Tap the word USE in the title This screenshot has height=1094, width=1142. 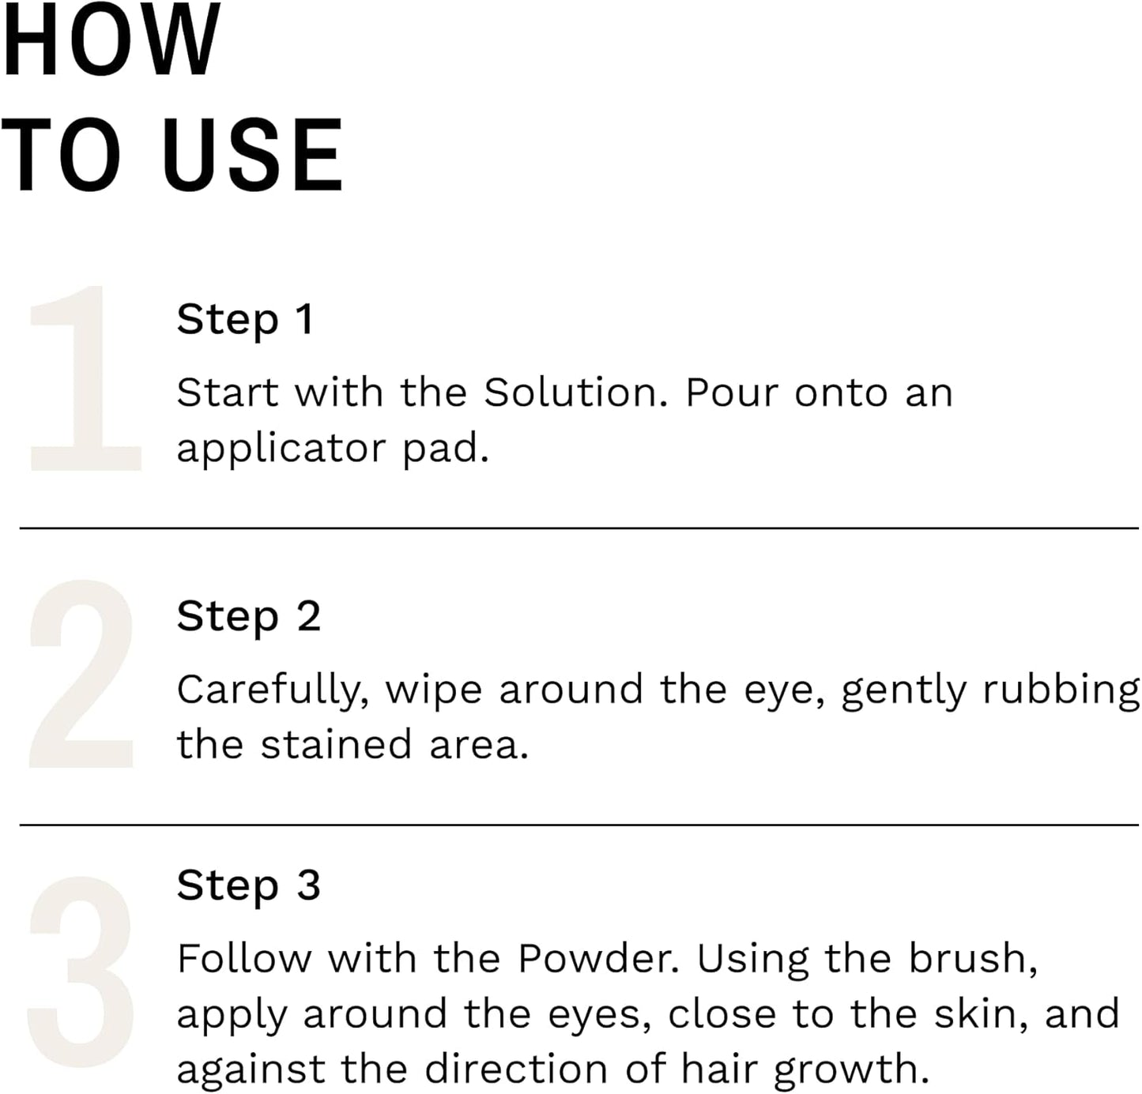click(253, 155)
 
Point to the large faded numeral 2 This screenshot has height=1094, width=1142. click(82, 674)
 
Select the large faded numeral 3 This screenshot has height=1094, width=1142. click(81, 972)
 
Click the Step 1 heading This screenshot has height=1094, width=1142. click(246, 320)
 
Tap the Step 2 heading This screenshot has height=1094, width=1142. click(248, 617)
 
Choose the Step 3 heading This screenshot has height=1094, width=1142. click(248, 885)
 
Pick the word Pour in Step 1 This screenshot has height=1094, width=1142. click(732, 393)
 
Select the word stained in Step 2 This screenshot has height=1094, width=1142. click(337, 745)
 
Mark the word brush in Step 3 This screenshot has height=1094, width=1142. click(972, 959)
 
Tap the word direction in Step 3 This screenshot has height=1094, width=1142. click(516, 1070)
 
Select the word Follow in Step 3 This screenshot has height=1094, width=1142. click(244, 959)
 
